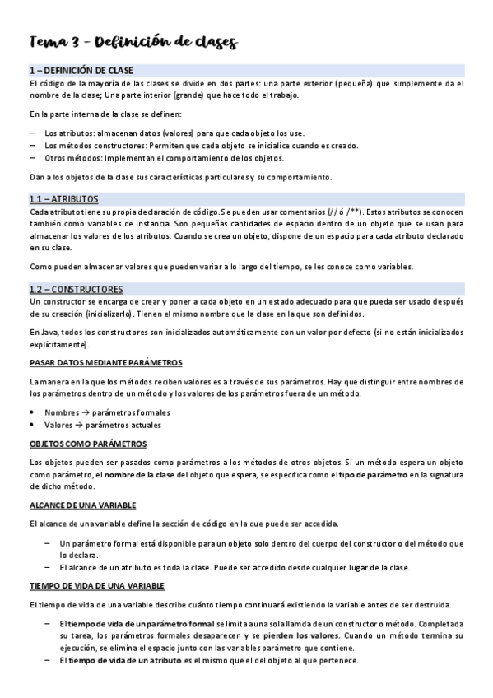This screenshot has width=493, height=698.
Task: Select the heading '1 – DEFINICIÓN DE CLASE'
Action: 81,71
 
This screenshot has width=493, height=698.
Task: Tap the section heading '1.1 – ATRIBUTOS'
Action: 63,199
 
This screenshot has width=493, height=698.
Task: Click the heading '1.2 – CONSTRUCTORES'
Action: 76,290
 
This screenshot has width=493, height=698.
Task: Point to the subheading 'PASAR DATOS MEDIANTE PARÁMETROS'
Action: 106,363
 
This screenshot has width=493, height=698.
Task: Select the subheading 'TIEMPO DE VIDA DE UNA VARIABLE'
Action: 97,585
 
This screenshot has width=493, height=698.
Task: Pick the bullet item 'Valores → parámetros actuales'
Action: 103,425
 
